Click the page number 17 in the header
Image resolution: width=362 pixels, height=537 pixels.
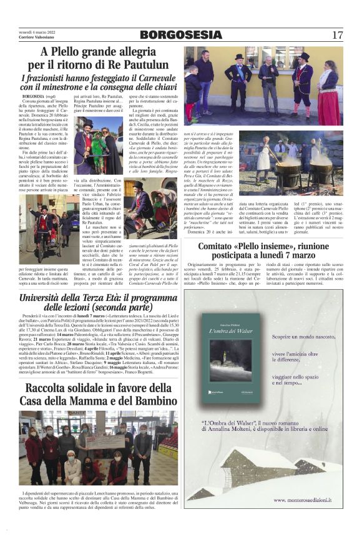(337, 35)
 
